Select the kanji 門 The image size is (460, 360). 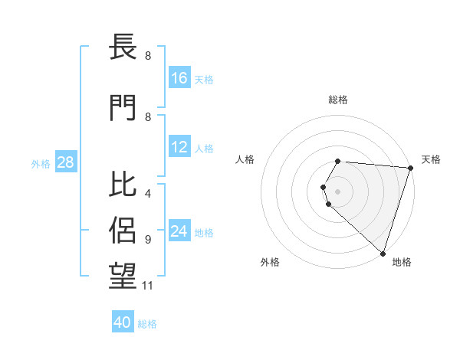pyautogui.click(x=123, y=107)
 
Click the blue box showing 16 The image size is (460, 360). pyautogui.click(x=179, y=78)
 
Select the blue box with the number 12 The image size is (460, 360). pyautogui.click(x=179, y=147)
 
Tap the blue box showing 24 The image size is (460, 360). pyautogui.click(x=179, y=231)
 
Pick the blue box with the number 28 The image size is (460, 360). pyautogui.click(x=64, y=162)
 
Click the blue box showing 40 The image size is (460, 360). pyautogui.click(x=123, y=322)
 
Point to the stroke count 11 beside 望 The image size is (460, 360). pyautogui.click(x=149, y=286)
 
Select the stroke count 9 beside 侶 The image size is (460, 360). pyautogui.click(x=147, y=239)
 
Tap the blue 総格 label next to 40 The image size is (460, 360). pyautogui.click(x=147, y=324)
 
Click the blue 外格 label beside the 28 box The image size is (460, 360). pyautogui.click(x=41, y=164)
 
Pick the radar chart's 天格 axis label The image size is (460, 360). pyautogui.click(x=432, y=159)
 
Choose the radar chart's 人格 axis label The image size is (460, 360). pyautogui.click(x=245, y=159)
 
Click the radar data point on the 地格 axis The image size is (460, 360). pyautogui.click(x=383, y=252)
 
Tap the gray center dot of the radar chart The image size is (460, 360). pyautogui.click(x=337, y=191)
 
